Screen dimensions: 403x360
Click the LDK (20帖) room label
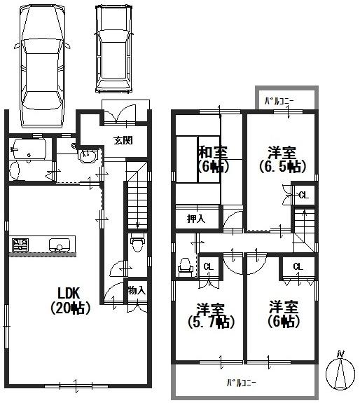coord(70,300)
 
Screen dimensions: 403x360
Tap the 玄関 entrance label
coord(124,139)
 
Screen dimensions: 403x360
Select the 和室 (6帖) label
coord(210,158)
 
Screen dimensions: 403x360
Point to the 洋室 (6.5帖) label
coord(280,158)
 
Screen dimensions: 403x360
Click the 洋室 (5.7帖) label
coord(210,315)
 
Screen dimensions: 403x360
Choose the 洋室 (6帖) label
coord(284,315)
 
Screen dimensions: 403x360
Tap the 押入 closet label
coord(196,219)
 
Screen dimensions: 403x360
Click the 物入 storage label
coord(137,289)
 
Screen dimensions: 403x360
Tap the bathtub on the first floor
coord(29,149)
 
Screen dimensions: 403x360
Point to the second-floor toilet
coord(186,265)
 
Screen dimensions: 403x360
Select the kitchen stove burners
coord(20,245)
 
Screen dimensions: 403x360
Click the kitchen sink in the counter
coord(59,245)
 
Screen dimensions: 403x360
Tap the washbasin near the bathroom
coord(88,156)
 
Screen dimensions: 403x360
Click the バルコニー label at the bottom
coord(240,383)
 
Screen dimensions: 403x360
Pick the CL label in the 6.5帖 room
coord(303,195)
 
